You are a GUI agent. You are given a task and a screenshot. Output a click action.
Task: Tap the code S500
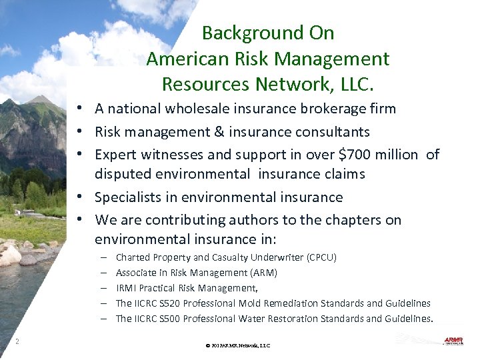point(169,319)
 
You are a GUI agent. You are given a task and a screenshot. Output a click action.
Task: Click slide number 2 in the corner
point(17,342)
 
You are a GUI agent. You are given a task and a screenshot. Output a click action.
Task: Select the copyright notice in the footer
point(238,346)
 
